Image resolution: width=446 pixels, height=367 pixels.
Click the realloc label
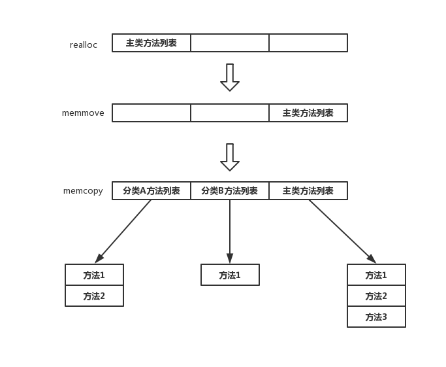pyautogui.click(x=84, y=44)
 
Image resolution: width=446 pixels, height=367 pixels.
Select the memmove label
pyautogui.click(x=83, y=113)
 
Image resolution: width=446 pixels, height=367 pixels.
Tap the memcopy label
pyautogui.click(x=83, y=191)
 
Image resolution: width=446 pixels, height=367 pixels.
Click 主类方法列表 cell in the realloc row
pyautogui.click(x=151, y=43)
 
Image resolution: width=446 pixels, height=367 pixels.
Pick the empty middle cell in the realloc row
pyautogui.click(x=230, y=43)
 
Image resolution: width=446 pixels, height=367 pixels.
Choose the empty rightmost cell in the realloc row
pyautogui.click(x=308, y=43)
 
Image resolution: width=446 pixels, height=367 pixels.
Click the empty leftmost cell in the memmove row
pyautogui.click(x=151, y=113)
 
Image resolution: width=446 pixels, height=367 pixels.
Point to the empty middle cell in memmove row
pyautogui.click(x=230, y=113)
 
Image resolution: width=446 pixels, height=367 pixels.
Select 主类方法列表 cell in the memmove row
pyautogui.click(x=308, y=113)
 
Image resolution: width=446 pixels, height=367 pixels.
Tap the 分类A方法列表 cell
pyautogui.click(x=151, y=191)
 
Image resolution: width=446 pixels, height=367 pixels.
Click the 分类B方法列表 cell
pyautogui.click(x=230, y=191)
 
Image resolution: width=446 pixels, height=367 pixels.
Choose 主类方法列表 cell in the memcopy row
pyautogui.click(x=308, y=191)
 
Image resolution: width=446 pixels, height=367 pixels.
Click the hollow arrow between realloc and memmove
pyautogui.click(x=230, y=77)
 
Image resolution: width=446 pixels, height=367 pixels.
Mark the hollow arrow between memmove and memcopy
pyautogui.click(x=230, y=157)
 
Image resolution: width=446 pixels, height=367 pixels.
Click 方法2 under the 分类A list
pyautogui.click(x=94, y=296)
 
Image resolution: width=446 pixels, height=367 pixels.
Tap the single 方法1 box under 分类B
pyautogui.click(x=230, y=275)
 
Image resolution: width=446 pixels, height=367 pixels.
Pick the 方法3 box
pyautogui.click(x=376, y=317)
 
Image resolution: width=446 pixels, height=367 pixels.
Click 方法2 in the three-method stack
pyautogui.click(x=376, y=296)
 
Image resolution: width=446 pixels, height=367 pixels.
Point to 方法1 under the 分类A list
pyautogui.click(x=94, y=275)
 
